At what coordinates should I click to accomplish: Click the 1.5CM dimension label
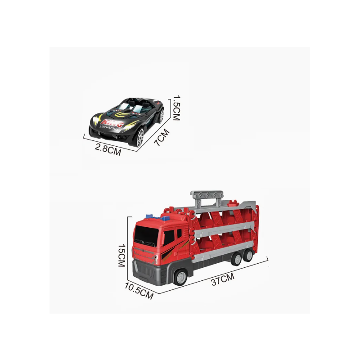[x=176, y=108]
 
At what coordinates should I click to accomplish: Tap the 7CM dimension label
[x=162, y=137]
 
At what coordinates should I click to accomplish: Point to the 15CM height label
[x=121, y=255]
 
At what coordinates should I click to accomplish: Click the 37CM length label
[x=223, y=279]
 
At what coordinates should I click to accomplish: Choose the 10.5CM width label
[x=139, y=291]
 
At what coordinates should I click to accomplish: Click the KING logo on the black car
[x=112, y=123]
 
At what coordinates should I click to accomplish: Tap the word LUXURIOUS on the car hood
[x=109, y=128]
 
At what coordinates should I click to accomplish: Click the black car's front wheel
[x=140, y=138]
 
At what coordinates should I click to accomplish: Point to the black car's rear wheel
[x=162, y=116]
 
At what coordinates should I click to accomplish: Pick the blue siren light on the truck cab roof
[x=150, y=216]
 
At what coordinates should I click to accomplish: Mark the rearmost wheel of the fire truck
[x=248, y=256]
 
